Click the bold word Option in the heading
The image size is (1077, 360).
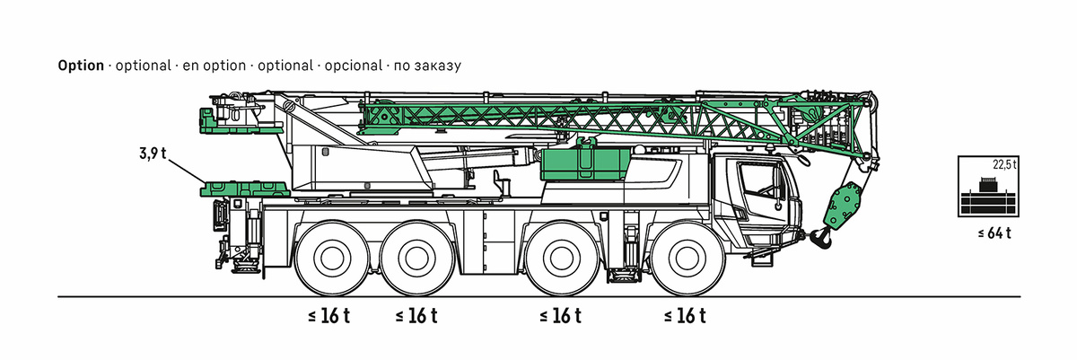(x=81, y=66)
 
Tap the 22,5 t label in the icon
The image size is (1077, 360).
(x=1003, y=164)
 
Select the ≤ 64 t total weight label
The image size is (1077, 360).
(x=994, y=234)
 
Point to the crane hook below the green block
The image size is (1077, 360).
(x=819, y=239)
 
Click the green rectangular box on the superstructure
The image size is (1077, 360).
(x=583, y=166)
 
